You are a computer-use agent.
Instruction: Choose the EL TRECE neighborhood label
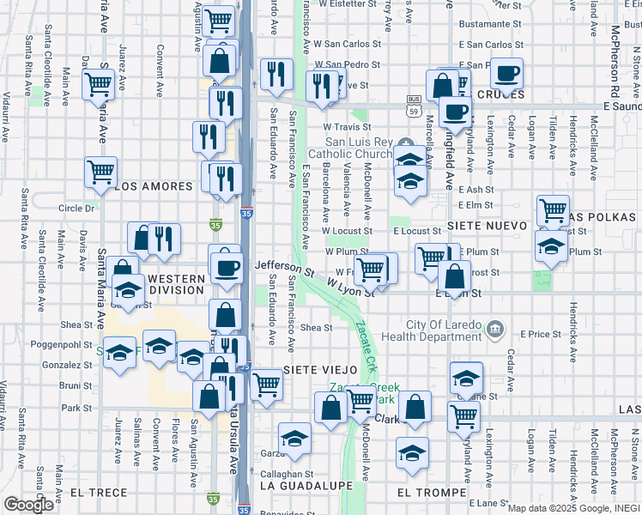pyautogui.click(x=100, y=493)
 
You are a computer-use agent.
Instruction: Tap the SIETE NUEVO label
pyautogui.click(x=480, y=231)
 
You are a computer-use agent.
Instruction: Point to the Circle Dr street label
pyautogui.click(x=76, y=208)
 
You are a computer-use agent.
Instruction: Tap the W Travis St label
pyautogui.click(x=346, y=127)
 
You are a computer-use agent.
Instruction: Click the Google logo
pyautogui.click(x=28, y=505)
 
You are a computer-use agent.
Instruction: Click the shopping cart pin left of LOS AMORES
pyautogui.click(x=100, y=173)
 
